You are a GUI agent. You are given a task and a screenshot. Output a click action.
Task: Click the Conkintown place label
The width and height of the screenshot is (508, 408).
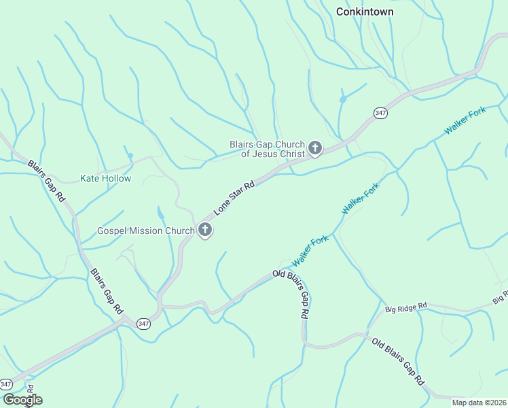pyautogui.click(x=365, y=12)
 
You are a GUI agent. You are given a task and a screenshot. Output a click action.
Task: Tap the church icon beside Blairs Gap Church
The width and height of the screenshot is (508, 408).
pyautogui.click(x=315, y=148)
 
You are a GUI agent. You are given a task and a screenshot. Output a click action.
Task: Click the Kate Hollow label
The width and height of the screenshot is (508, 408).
pyautogui.click(x=105, y=178)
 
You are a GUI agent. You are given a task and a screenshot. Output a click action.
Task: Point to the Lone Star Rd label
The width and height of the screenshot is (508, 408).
pyautogui.click(x=234, y=198)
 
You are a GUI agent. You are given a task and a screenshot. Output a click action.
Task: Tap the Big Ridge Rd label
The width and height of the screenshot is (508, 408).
pyautogui.click(x=405, y=308)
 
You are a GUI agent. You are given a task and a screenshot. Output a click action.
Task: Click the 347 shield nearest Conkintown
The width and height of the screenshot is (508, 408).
pyautogui.click(x=380, y=113)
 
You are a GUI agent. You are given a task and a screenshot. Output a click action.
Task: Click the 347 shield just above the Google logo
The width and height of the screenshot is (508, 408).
pyautogui.click(x=6, y=384)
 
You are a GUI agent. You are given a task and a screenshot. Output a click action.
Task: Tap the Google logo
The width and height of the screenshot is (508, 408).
pyautogui.click(x=22, y=400)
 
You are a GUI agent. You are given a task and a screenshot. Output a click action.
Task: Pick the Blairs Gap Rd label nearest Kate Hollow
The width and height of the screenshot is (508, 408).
pyautogui.click(x=46, y=180)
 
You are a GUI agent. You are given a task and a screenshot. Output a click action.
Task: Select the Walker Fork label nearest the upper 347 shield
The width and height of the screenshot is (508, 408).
pyautogui.click(x=465, y=120)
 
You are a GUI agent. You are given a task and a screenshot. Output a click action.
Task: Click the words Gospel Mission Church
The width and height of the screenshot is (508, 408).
pyautogui.click(x=146, y=231)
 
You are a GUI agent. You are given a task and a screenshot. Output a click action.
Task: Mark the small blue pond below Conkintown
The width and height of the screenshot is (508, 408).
pyautogui.click(x=343, y=99)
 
